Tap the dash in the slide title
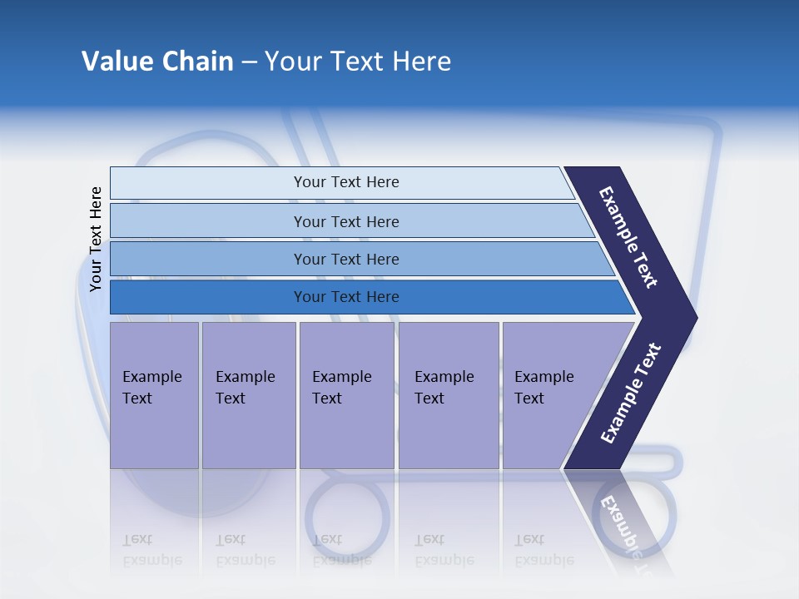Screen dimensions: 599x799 249,62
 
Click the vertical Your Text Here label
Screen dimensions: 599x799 96,239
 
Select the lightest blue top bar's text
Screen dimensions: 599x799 346,182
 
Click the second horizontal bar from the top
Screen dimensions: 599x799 346,221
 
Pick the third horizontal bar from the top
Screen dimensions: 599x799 346,260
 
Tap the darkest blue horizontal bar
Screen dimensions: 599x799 346,297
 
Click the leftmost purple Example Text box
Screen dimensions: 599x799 153,388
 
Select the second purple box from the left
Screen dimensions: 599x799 247,388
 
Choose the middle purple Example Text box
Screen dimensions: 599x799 345,388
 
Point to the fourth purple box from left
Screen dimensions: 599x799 448,388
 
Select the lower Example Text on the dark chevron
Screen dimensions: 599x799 631,393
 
